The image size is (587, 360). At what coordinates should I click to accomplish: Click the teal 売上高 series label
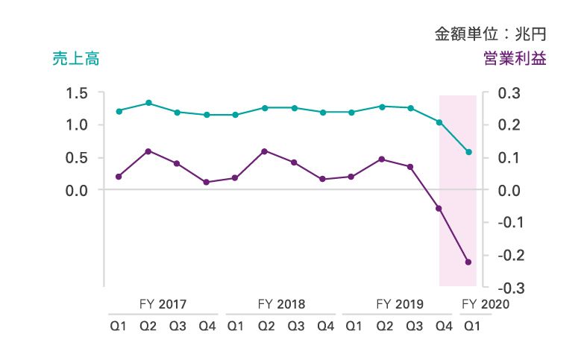click(76, 60)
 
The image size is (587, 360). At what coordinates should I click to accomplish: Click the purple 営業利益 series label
click(515, 60)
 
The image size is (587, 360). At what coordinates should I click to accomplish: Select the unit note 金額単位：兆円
click(491, 34)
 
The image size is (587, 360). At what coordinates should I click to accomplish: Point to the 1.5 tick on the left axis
click(76, 93)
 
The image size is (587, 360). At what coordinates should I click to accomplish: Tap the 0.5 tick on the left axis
click(76, 158)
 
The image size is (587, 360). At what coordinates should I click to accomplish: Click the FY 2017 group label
click(163, 304)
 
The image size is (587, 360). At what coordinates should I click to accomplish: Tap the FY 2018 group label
click(281, 304)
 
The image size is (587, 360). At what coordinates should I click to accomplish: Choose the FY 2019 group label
click(400, 304)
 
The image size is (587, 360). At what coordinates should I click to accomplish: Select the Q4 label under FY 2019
click(443, 326)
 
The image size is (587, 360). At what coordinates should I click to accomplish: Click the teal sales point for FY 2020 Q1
click(468, 152)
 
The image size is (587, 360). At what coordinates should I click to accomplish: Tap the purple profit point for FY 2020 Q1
click(468, 262)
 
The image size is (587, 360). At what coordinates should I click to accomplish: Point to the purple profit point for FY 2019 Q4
click(439, 209)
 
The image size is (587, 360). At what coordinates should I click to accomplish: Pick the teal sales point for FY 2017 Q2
click(148, 103)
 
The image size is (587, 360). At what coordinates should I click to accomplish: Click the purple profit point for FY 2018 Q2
click(264, 151)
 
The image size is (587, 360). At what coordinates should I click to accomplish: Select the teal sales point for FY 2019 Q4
click(439, 122)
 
